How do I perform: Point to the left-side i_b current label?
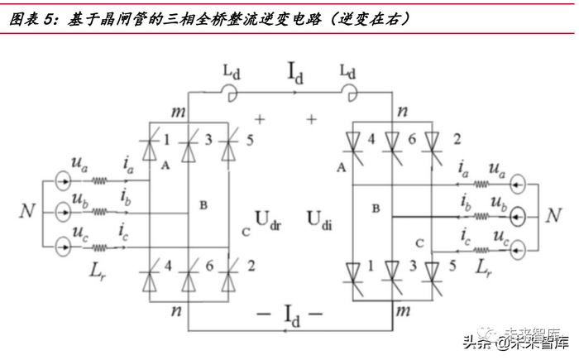pos(124,198)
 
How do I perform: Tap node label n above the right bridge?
pos(403,110)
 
